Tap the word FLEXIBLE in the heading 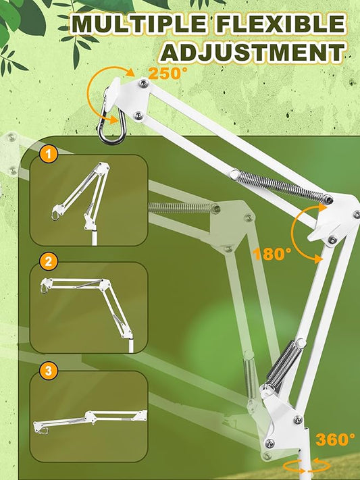click(281, 24)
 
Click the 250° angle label click(168, 74)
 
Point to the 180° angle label click(272, 253)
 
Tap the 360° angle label click(335, 439)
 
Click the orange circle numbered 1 click(49, 154)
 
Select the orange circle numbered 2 click(49, 261)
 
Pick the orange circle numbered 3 click(49, 371)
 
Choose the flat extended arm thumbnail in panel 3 click(90, 421)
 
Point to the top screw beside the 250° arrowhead click(143, 83)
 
